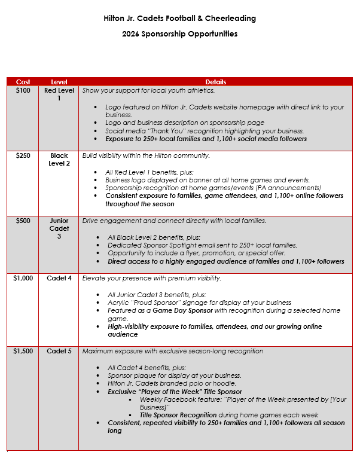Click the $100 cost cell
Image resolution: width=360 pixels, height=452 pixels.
click(x=23, y=90)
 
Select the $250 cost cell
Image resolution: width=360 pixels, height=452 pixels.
click(x=23, y=155)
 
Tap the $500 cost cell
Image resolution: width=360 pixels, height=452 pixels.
click(x=23, y=221)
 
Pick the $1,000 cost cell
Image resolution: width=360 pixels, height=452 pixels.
click(x=23, y=278)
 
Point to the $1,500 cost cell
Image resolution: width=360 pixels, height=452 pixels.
click(x=23, y=351)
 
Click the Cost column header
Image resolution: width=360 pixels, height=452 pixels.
click(x=23, y=82)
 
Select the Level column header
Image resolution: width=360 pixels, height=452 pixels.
click(x=59, y=82)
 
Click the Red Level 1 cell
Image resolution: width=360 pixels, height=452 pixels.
click(x=59, y=94)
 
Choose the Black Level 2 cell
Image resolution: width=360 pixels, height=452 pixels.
click(x=59, y=160)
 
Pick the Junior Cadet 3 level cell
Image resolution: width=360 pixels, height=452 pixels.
click(x=59, y=228)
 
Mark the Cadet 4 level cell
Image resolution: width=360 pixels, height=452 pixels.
click(x=59, y=278)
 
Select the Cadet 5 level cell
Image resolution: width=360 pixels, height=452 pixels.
click(x=59, y=351)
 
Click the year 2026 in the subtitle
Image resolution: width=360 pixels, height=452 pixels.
click(x=132, y=33)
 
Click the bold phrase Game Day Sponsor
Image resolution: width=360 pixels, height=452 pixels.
click(x=172, y=311)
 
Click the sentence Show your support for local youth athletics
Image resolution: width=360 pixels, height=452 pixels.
click(x=148, y=90)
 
